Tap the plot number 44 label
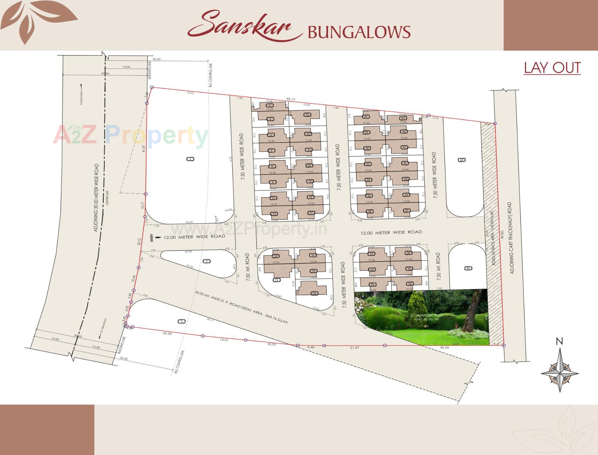462,160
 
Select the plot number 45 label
468,268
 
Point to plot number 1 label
181,321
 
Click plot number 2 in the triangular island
206,261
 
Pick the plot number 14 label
314,293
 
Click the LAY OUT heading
552,68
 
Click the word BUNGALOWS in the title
359,32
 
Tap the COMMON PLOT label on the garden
427,315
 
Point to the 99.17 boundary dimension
290,99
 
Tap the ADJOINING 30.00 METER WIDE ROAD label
96,197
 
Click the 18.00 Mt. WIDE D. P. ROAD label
241,307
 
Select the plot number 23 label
307,115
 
